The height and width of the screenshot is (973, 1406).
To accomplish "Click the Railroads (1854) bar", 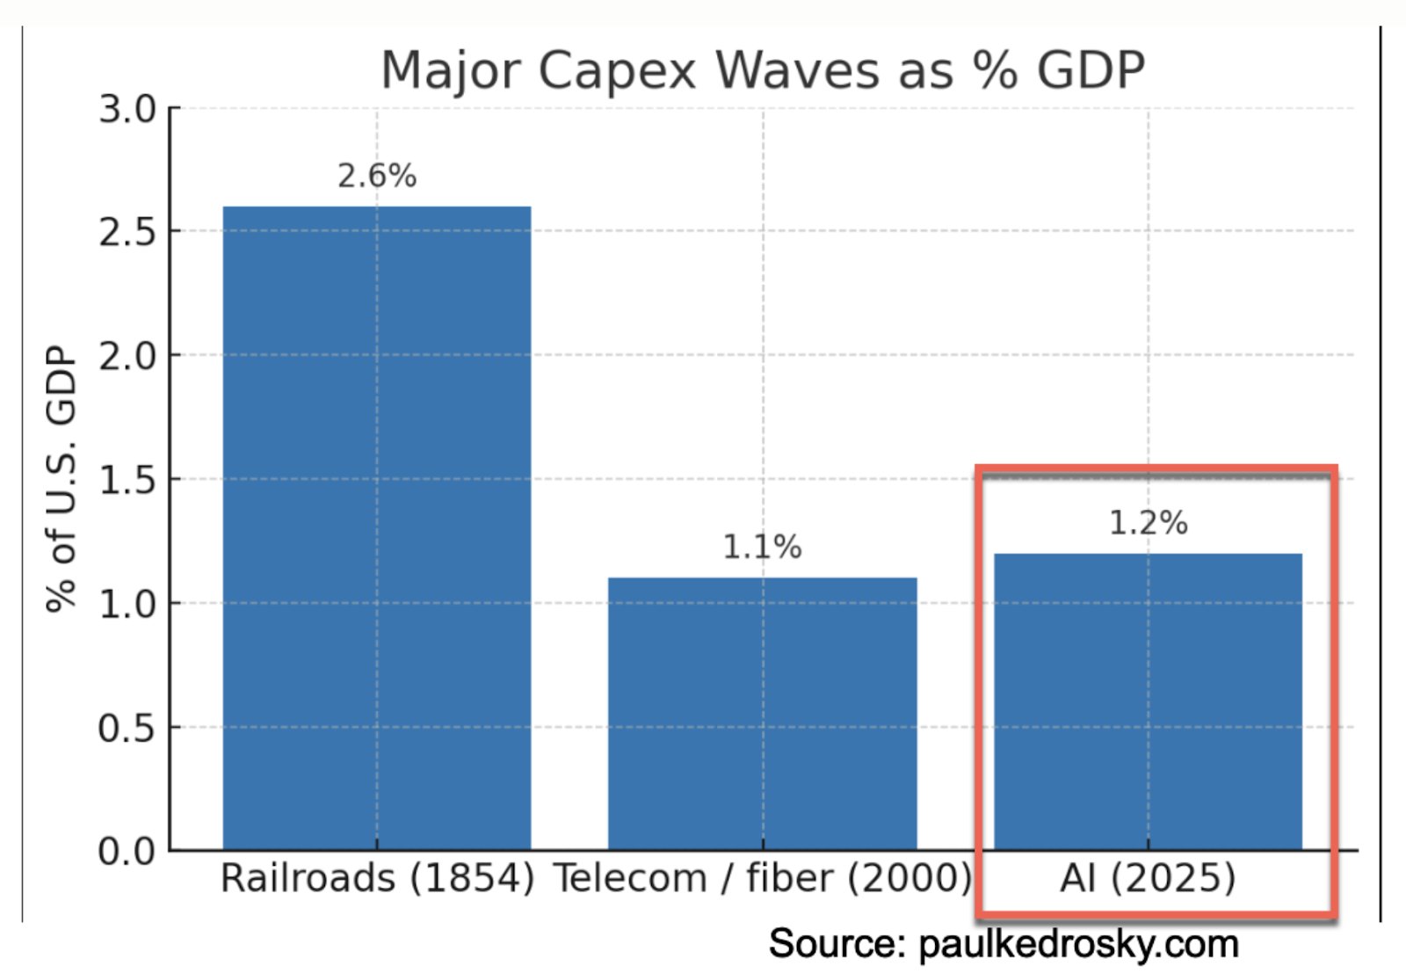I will (x=376, y=527).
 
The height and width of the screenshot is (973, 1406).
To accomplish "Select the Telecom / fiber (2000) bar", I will (x=762, y=713).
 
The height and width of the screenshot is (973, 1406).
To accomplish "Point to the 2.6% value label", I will (x=377, y=176).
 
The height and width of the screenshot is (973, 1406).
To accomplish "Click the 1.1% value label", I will (x=762, y=548).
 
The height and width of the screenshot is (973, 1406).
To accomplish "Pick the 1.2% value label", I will (x=1148, y=523).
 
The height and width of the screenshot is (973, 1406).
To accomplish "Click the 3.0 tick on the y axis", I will (x=127, y=110).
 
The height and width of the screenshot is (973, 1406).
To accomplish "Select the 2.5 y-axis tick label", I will (x=127, y=232).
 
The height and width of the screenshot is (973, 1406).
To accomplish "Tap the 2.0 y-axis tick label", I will (x=127, y=356).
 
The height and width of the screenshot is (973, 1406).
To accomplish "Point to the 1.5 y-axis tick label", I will (x=127, y=480).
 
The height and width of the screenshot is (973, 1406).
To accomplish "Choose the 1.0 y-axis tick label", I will (x=127, y=604).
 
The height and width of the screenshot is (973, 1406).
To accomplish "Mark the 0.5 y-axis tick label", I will (x=127, y=728).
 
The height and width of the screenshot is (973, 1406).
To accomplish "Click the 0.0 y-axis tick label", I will (x=127, y=851).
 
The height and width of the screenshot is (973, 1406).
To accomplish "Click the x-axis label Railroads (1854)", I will (x=377, y=878).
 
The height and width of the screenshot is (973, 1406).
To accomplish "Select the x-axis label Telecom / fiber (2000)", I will (x=762, y=878).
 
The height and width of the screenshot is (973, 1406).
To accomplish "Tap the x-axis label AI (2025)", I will (x=1148, y=878).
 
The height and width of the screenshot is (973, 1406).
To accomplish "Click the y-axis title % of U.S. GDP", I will (x=62, y=479).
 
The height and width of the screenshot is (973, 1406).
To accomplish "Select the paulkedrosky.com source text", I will (x=1078, y=944).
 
